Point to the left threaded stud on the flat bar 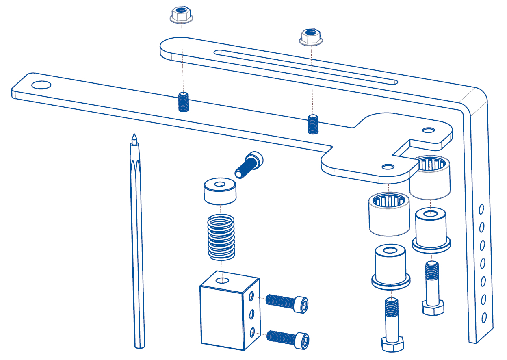[184, 102]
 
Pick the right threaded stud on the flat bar [313, 124]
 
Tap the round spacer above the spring [220, 191]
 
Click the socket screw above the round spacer [249, 164]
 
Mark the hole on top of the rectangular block [221, 280]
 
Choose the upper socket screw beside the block [287, 303]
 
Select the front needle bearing [389, 214]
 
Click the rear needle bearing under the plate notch [430, 177]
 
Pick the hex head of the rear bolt [433, 308]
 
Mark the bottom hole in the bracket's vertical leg [484, 317]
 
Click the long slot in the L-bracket [307, 67]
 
